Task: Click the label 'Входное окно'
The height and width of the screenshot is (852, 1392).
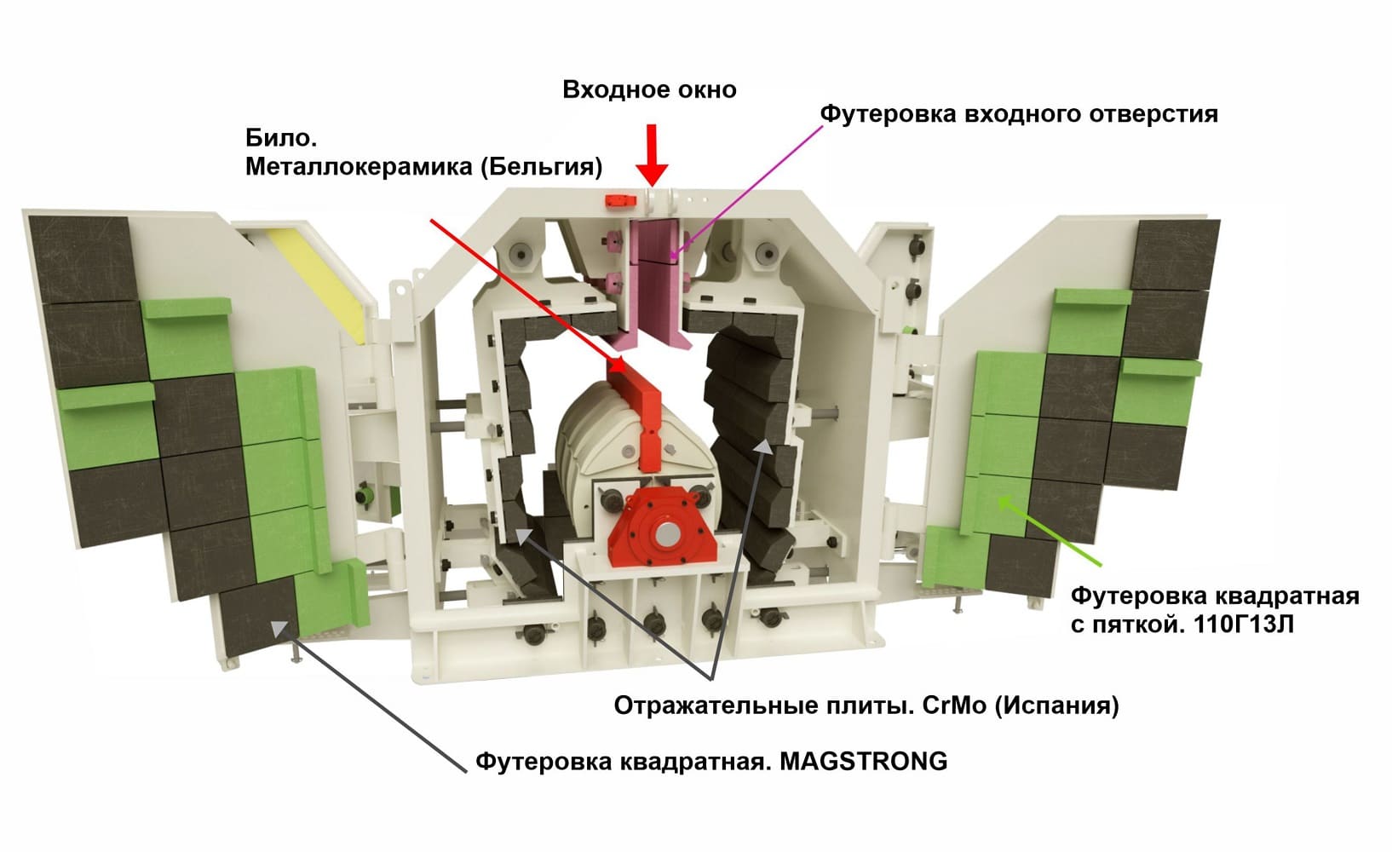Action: tap(649, 89)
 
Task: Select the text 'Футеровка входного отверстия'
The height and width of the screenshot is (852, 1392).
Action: tap(1018, 113)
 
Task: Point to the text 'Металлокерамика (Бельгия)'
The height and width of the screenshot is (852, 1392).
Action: tap(423, 166)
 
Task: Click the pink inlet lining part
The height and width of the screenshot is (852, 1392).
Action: tap(654, 281)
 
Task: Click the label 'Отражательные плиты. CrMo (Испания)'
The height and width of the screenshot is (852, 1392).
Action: tap(866, 705)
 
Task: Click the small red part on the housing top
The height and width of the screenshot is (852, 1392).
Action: tap(619, 199)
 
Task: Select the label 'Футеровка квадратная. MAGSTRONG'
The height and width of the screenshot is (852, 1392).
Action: tap(710, 760)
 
